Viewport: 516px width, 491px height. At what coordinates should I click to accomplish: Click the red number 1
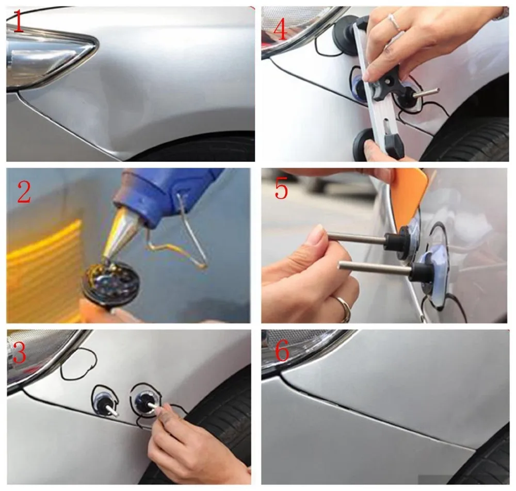(x=18, y=24)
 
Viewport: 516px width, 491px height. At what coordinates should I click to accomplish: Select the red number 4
(x=280, y=28)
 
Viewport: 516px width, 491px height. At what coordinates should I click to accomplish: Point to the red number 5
(x=281, y=189)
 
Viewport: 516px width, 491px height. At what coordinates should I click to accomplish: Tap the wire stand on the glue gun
(x=181, y=242)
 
